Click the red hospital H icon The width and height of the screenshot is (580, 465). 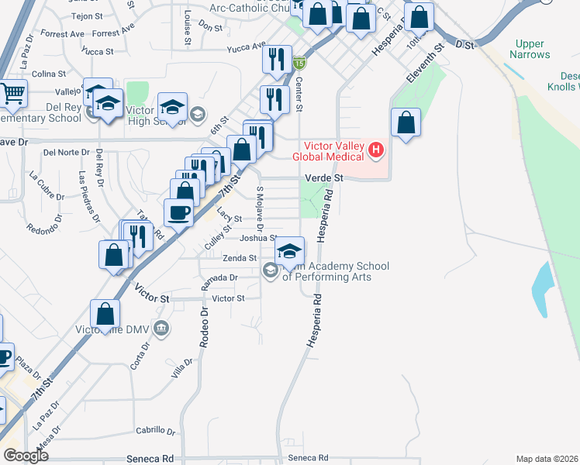click(377, 150)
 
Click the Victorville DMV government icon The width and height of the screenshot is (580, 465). click(161, 329)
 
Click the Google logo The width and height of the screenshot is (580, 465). click(26, 455)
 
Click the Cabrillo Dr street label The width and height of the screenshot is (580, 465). click(156, 431)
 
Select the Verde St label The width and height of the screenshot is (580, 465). click(323, 178)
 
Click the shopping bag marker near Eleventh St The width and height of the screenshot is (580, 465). click(406, 122)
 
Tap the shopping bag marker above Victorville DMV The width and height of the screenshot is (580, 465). click(105, 315)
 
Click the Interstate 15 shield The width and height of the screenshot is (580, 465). click(299, 61)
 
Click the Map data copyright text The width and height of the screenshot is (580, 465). click(547, 458)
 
